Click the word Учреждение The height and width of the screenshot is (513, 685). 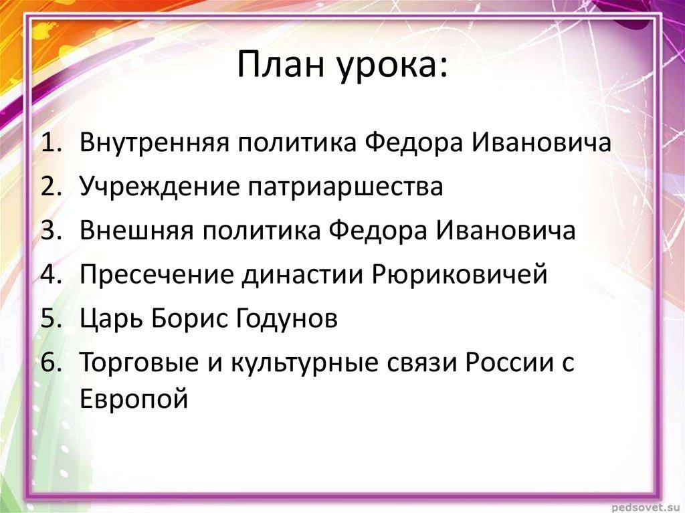coord(160,187)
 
